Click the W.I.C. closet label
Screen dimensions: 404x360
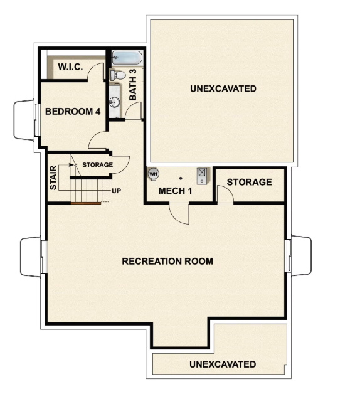click(x=70, y=66)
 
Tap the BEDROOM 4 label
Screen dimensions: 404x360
click(x=73, y=112)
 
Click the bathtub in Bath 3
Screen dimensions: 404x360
click(x=128, y=58)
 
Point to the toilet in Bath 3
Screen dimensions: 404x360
click(x=117, y=75)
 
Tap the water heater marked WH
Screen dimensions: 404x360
click(x=153, y=174)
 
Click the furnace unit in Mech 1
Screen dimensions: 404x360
click(x=203, y=174)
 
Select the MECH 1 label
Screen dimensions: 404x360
click(x=175, y=191)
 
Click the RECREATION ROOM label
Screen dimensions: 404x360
click(x=167, y=261)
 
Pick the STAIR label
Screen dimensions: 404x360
click(x=53, y=178)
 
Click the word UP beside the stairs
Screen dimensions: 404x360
click(x=116, y=191)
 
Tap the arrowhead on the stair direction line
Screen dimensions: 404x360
click(x=77, y=165)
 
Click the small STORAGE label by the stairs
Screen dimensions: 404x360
click(x=97, y=165)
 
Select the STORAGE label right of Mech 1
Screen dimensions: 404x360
click(x=249, y=182)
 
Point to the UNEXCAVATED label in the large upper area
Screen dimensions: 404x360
click(x=223, y=89)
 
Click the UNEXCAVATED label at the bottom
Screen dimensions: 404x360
click(x=223, y=364)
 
